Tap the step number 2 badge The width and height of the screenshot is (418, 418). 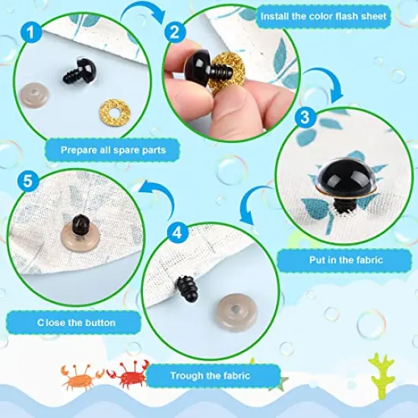pyautogui.click(x=174, y=32)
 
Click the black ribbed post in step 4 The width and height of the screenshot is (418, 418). pyautogui.click(x=185, y=290)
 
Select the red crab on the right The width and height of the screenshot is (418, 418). pyautogui.click(x=125, y=375)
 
